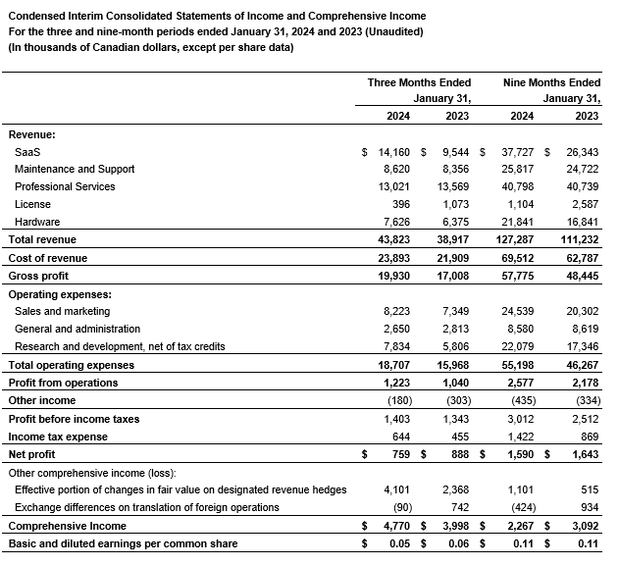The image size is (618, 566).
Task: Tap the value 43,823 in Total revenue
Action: [393, 240]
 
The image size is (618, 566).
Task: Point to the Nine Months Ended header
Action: [550, 82]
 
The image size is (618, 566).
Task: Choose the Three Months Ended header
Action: [419, 82]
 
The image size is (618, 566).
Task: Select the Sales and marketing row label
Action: [63, 311]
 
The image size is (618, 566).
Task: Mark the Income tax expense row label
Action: [58, 437]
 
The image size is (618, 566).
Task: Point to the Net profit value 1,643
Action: [582, 454]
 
